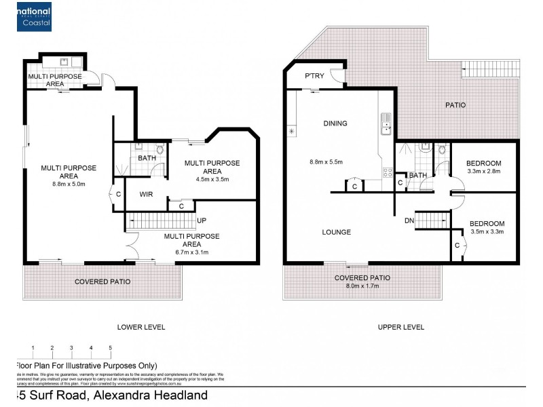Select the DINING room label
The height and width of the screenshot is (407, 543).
[335, 123]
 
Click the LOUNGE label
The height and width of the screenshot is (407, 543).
[337, 232]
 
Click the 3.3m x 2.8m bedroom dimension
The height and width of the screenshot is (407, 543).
[484, 172]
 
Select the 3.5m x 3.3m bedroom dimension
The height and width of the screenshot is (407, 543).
[487, 232]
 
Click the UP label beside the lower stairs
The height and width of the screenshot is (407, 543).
[202, 221]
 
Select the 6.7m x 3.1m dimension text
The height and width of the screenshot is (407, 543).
[192, 252]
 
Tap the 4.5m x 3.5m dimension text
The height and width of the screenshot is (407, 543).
[212, 180]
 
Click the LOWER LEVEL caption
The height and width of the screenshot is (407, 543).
[141, 327]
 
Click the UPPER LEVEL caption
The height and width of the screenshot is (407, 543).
[401, 327]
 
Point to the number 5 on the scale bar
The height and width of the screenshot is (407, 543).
[110, 348]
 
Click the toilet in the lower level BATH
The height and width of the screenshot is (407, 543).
[160, 150]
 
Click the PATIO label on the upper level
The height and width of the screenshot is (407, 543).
[455, 105]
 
